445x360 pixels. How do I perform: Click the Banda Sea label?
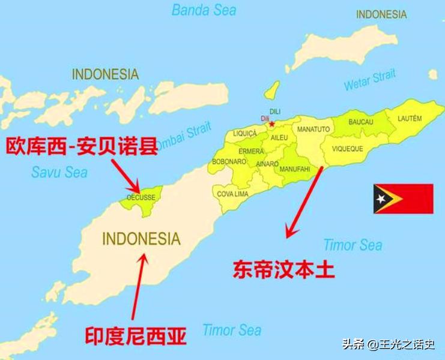click(204, 10)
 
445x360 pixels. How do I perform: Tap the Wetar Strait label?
click(370, 80)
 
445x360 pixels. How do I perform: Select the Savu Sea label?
click(59, 172)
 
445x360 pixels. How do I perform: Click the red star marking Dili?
click(272, 124)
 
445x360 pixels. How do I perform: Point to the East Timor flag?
click(403, 199)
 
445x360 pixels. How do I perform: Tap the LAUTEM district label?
click(410, 118)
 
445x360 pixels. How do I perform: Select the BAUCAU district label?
click(361, 122)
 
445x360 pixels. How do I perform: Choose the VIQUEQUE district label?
click(348, 148)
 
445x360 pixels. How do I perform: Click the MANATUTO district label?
click(313, 129)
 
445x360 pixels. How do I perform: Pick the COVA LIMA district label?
click(233, 194)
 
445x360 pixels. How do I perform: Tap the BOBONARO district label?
click(229, 161)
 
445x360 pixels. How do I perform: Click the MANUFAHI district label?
click(295, 169)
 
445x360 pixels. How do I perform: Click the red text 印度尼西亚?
click(135, 335)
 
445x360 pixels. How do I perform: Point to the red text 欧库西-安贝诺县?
click(82, 146)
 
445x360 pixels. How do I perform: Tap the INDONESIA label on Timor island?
click(141, 238)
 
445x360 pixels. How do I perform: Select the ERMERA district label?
click(251, 151)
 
